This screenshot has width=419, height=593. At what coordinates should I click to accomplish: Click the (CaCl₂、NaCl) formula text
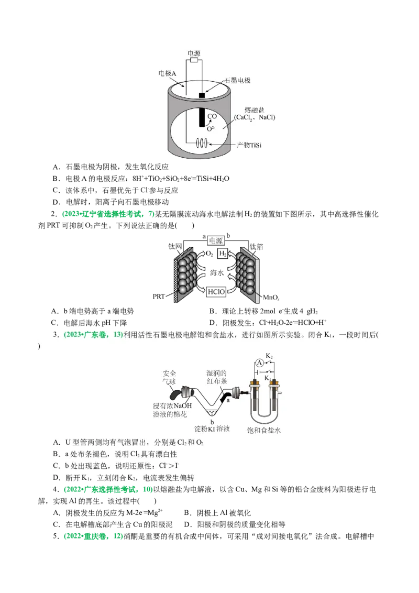click(255, 118)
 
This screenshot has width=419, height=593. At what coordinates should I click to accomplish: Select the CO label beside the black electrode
click(212, 116)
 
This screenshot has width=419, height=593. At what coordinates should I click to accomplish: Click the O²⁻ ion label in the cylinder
click(211, 128)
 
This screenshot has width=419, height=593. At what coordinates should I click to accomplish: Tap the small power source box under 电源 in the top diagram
click(194, 61)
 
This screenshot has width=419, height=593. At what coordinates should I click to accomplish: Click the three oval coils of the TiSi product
click(202, 142)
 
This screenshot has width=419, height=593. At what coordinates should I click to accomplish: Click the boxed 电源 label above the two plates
click(216, 240)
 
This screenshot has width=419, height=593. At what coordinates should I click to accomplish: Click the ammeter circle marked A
click(258, 361)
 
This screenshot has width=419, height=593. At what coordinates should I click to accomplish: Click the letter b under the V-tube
click(212, 421)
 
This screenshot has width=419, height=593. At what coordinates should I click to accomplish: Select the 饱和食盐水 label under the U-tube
click(264, 430)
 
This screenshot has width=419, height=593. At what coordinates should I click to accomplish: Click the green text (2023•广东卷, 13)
click(93, 335)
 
